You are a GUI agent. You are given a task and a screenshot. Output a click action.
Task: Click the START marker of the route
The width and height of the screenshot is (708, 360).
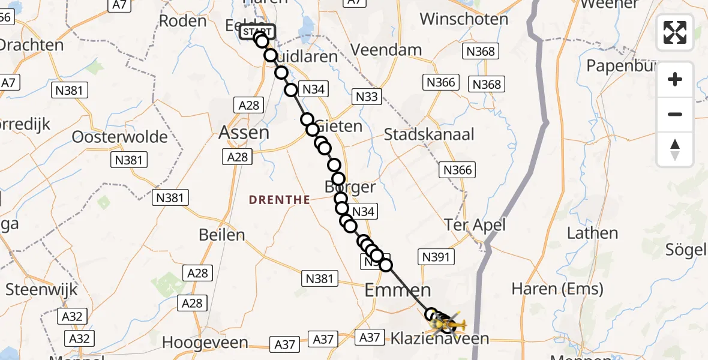click(257, 32)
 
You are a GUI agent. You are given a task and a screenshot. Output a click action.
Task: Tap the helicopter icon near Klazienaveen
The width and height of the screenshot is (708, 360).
click(451, 325)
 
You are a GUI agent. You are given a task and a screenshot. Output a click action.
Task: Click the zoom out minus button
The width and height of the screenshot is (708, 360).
click(675, 114)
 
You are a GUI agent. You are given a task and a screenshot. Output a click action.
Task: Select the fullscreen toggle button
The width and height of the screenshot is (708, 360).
click(675, 32)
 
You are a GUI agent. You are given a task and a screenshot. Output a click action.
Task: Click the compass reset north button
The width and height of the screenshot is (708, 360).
click(675, 149)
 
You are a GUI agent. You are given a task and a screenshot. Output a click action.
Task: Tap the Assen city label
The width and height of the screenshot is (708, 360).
click(244, 132)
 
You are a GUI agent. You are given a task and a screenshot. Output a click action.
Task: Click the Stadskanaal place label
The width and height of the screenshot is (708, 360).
click(429, 134)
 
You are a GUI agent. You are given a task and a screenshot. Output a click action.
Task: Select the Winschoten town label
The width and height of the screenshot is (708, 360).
click(464, 19)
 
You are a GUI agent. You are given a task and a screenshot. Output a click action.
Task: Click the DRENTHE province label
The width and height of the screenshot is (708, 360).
click(280, 200)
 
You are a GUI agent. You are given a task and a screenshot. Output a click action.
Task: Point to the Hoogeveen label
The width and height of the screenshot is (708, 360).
click(205, 343)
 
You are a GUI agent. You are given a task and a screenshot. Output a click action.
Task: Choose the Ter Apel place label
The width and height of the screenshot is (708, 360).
click(475, 225)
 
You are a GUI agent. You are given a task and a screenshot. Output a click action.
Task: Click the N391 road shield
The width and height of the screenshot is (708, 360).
click(436, 257)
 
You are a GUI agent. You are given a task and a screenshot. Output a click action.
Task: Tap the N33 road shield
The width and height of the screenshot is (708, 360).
click(367, 97)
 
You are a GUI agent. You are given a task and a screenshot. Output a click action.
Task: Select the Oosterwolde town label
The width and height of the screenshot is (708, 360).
click(119, 137)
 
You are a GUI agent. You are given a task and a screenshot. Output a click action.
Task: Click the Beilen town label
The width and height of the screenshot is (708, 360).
click(223, 235)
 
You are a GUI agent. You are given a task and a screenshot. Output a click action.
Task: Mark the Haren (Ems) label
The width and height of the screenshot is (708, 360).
click(557, 289)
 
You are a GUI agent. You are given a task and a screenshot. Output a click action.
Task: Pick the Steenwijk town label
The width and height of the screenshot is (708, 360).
click(41, 290)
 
